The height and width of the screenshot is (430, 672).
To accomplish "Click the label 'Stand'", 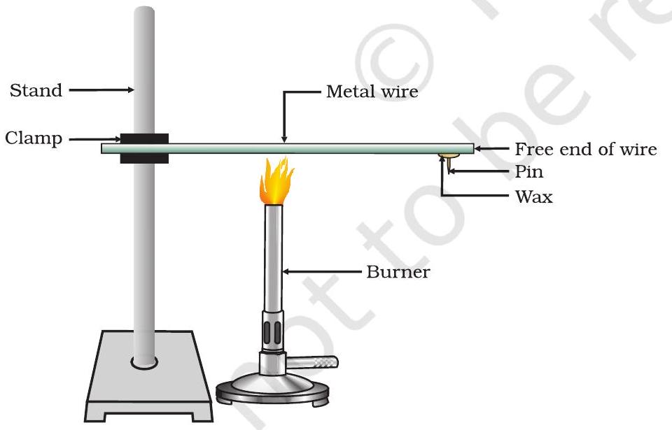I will coord(36,90).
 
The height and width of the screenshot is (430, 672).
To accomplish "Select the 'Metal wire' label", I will coord(372,92).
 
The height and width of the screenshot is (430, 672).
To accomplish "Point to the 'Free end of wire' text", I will coord(586,149).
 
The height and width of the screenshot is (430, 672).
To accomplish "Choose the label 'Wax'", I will coord(533,196).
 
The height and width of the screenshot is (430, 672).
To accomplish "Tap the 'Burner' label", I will coord(398,271).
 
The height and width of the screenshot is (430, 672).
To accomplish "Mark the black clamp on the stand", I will coord(143,148).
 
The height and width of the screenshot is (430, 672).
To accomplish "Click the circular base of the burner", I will coord(274,391).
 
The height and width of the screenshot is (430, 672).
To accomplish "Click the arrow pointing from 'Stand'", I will coord(101,89).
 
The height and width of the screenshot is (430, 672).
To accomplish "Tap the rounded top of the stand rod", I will coord(144,13).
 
